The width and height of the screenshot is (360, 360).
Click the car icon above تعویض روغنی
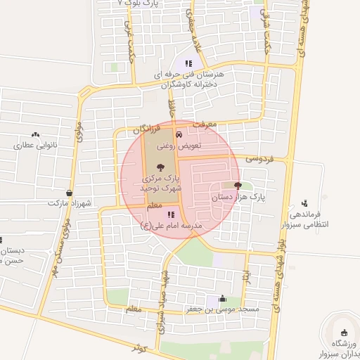(x=178, y=134)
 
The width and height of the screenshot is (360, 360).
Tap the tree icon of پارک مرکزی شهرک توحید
(x=161, y=167)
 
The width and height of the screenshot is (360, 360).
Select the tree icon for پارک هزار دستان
(x=238, y=186)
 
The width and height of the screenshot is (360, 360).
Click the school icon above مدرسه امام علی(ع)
(x=171, y=214)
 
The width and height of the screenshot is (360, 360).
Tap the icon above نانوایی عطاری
(x=35, y=134)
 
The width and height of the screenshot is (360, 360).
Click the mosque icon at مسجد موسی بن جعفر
(x=223, y=297)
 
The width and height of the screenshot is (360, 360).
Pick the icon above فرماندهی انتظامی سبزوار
(x=304, y=202)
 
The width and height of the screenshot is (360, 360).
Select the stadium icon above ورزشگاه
(x=344, y=333)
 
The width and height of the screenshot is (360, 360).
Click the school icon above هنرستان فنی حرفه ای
(x=188, y=63)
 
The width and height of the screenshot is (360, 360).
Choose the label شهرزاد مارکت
(x=67, y=203)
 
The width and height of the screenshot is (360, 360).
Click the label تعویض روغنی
(x=179, y=146)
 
